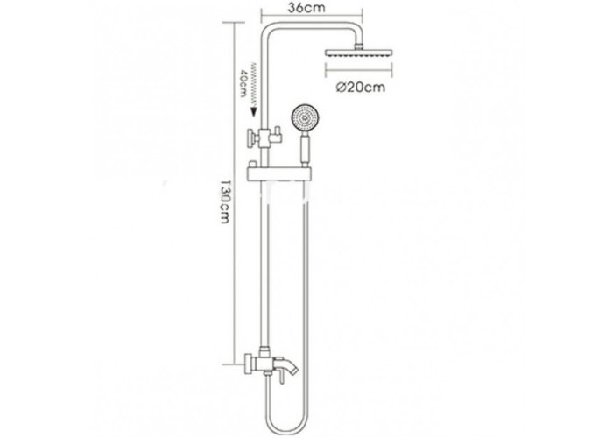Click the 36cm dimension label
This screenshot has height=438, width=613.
pyautogui.click(x=306, y=7)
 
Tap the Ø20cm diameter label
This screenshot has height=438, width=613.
pyautogui.click(x=361, y=88)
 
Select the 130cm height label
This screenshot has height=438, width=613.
pyautogui.click(x=224, y=201)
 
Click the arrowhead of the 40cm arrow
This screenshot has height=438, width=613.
pyautogui.click(x=254, y=111)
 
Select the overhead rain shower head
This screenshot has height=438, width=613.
pyautogui.click(x=357, y=54)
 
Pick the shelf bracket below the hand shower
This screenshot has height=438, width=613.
pyautogui.click(x=280, y=174)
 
